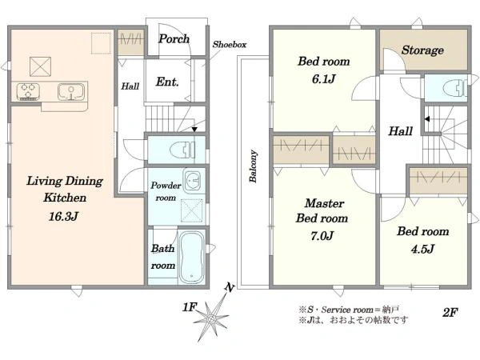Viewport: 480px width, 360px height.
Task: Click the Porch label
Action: point(174,38)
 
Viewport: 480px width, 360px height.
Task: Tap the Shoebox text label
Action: point(228,46)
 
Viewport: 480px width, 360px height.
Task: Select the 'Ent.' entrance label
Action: point(166,81)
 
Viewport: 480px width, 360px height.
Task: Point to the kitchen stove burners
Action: point(26,92)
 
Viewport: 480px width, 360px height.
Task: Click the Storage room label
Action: point(422,50)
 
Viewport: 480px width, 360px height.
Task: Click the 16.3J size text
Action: point(55,215)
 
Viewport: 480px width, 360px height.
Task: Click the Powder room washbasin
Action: point(192,178)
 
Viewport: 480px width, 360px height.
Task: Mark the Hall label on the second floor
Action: point(401,132)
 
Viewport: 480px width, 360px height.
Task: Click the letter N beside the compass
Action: point(230,287)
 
